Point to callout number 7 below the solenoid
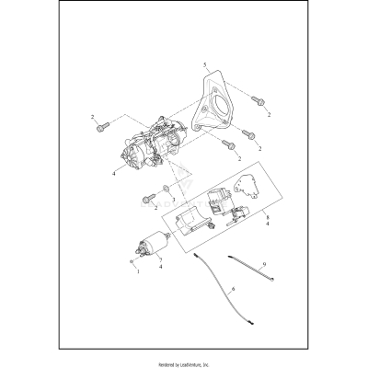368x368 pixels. (x=162, y=266)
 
